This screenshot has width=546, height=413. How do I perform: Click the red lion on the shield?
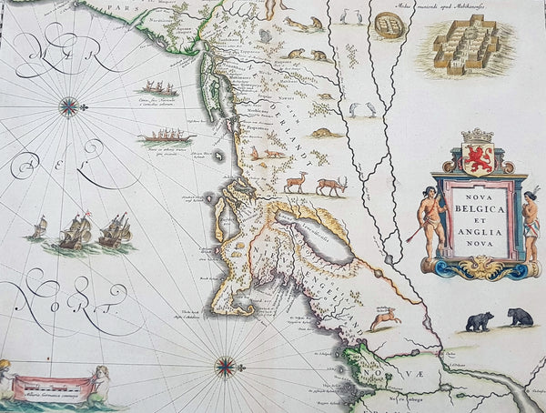[x=478, y=156]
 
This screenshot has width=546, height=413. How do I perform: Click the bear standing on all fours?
[x=480, y=321]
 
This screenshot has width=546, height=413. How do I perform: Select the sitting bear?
[x=521, y=317]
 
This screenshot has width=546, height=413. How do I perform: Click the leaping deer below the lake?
[x=385, y=317]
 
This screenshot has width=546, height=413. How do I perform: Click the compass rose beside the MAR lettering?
[x=68, y=106]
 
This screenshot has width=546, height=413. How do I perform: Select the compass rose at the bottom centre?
[x=224, y=368]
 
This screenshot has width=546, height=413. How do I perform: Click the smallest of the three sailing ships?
[x=37, y=227]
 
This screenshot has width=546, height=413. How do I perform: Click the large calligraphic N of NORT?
[x=27, y=299]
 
